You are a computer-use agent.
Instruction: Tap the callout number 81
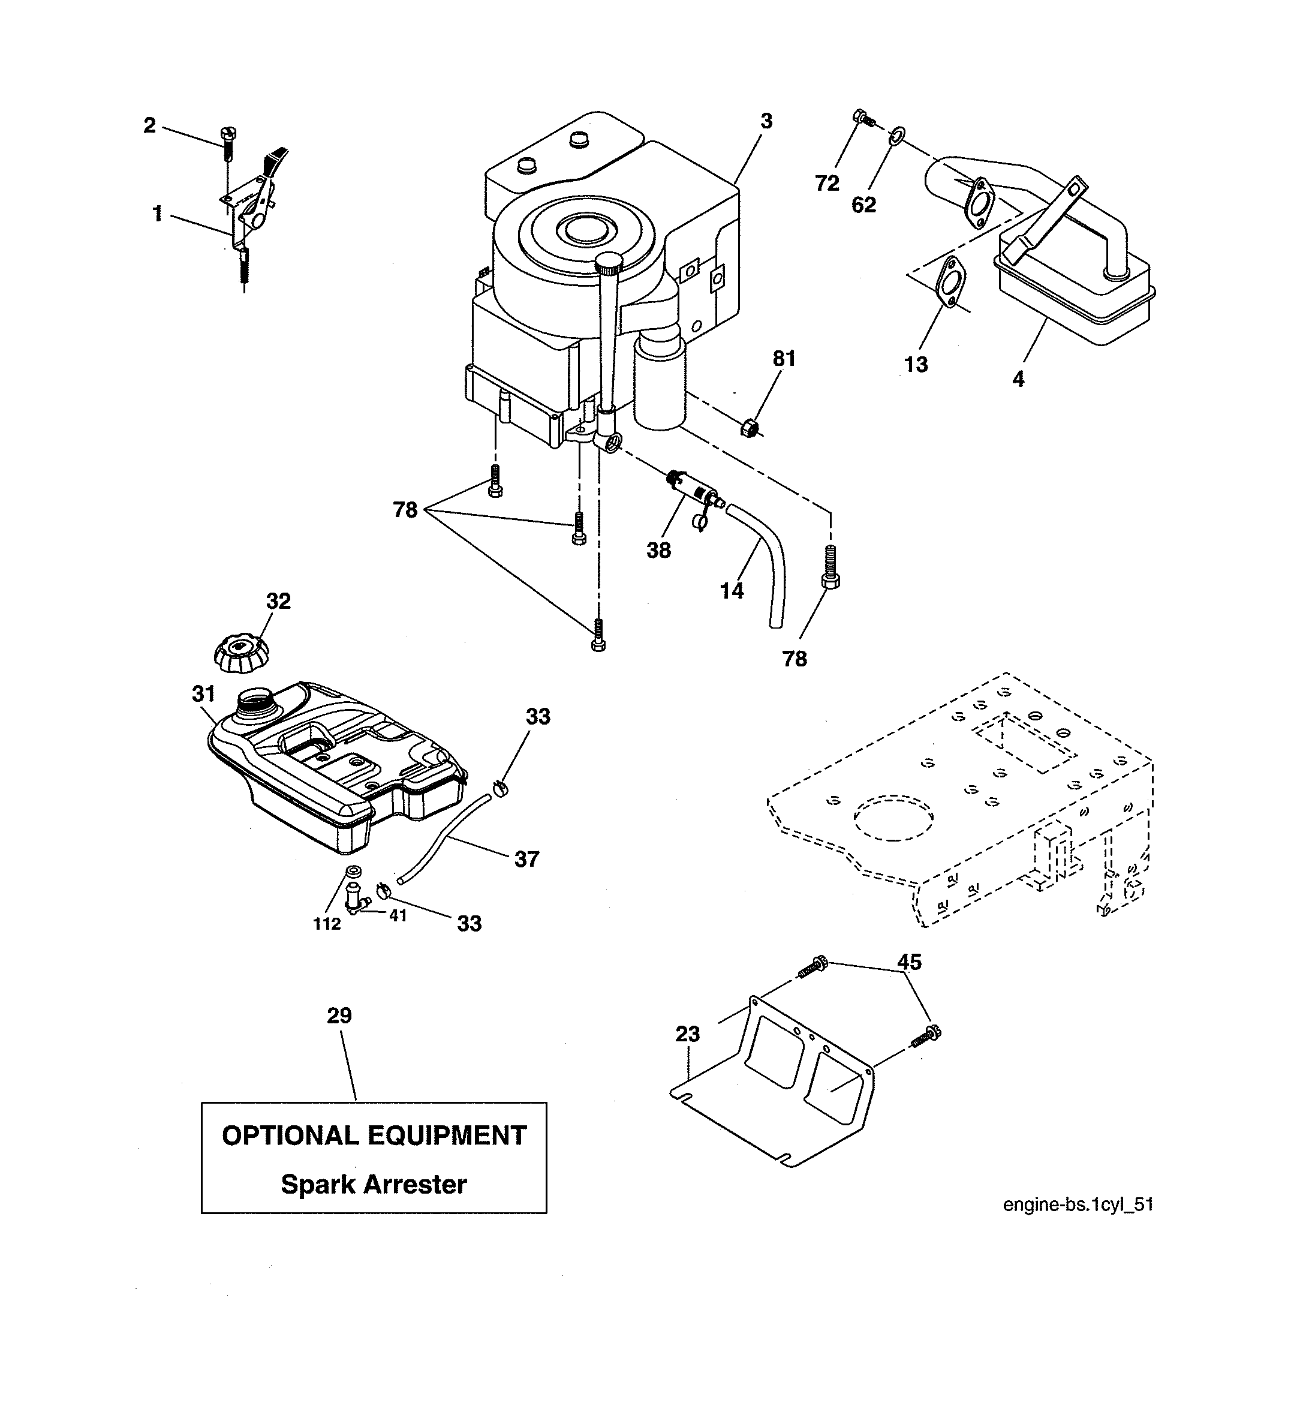(784, 359)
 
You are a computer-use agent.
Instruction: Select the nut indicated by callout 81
(749, 428)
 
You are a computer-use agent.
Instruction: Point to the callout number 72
(827, 184)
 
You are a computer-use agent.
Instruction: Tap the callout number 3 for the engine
(767, 122)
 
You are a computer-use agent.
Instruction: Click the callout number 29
(339, 1016)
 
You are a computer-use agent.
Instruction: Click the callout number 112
(327, 924)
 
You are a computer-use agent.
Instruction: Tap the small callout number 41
(398, 915)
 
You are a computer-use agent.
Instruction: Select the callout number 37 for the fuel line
(526, 860)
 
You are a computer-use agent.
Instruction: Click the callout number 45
(910, 962)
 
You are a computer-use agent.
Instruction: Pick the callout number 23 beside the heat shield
(688, 1034)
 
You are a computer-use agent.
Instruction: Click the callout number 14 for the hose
(732, 591)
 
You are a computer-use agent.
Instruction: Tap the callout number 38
(658, 550)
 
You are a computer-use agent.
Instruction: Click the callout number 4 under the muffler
(1018, 380)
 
